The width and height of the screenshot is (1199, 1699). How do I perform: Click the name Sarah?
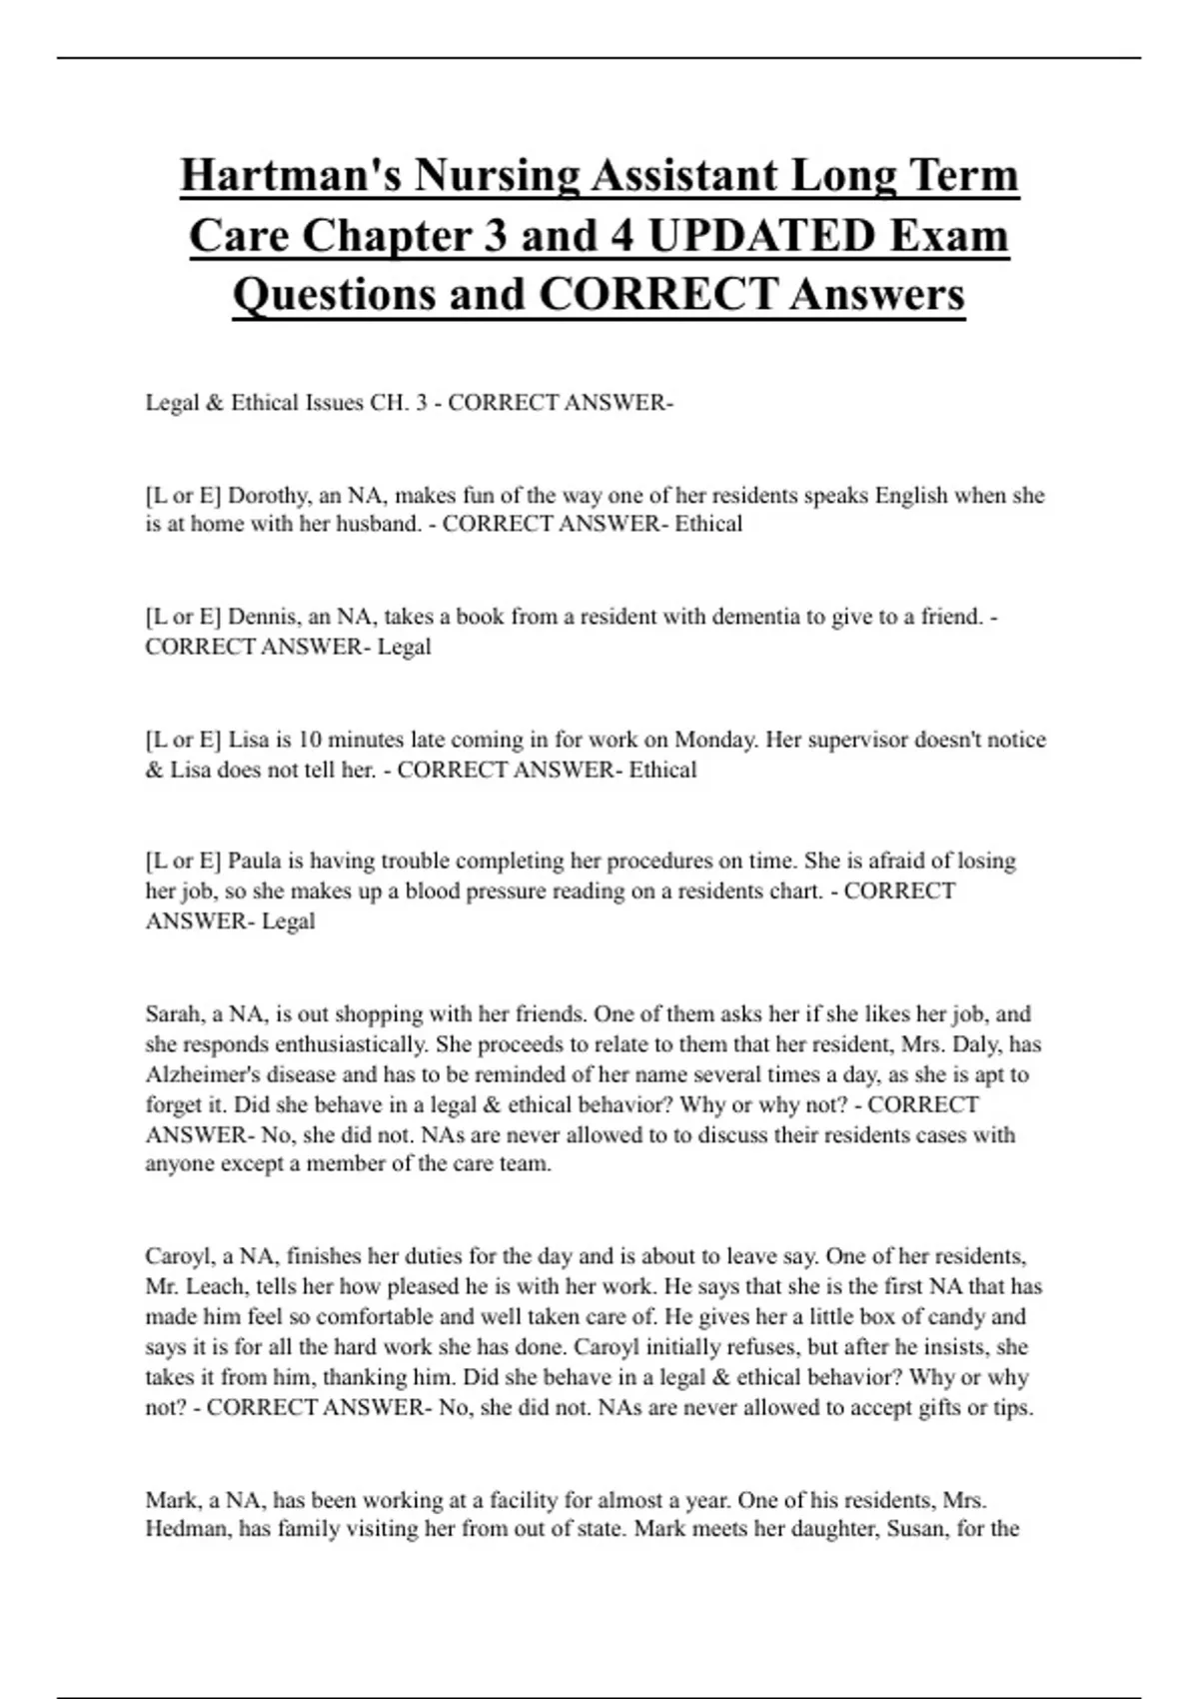(x=173, y=1014)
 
